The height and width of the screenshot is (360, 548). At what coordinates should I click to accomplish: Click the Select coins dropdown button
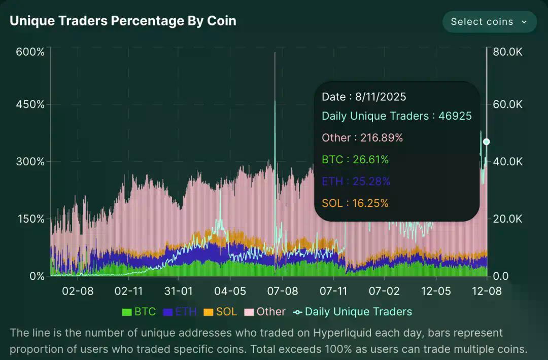(x=489, y=22)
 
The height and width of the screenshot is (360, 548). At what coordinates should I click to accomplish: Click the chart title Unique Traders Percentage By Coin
(x=123, y=21)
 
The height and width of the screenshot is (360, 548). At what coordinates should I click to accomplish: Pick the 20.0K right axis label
(x=508, y=219)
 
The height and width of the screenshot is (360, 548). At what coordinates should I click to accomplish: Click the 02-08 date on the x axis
(x=78, y=292)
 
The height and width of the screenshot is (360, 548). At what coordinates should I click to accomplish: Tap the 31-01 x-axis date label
(x=179, y=292)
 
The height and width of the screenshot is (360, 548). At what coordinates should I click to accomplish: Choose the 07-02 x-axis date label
(x=384, y=292)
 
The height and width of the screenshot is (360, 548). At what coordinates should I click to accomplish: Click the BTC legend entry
(x=139, y=312)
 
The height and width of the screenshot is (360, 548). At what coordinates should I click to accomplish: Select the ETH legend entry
(x=180, y=312)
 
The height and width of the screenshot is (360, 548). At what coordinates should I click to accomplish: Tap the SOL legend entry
(x=220, y=312)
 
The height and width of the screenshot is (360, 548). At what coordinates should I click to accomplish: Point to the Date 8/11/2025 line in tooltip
(x=364, y=97)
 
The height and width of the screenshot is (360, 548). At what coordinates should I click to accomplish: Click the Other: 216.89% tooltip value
(x=362, y=138)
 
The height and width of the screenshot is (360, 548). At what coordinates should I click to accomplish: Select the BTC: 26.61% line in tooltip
(x=355, y=160)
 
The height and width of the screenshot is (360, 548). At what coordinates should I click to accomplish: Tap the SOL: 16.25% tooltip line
(x=355, y=203)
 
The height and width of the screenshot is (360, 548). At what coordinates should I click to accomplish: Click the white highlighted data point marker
(x=487, y=142)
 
